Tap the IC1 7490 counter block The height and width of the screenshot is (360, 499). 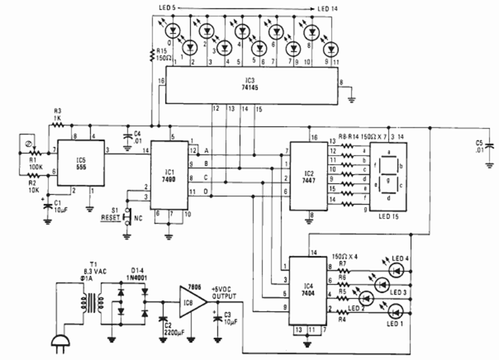tap(168, 175)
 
